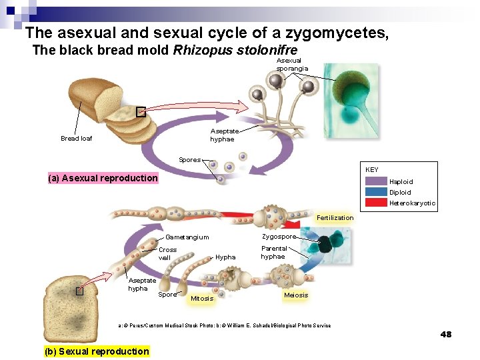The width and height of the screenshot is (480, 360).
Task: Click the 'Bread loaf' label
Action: coord(76,139)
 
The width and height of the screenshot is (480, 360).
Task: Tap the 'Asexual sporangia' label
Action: coord(289,65)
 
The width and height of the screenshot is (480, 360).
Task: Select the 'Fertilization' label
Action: coord(335,218)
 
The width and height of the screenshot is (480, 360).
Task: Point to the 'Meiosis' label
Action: coord(296,295)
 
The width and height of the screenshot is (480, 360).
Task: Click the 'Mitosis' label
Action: coord(202,298)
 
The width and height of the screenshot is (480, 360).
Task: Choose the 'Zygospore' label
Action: coord(279,237)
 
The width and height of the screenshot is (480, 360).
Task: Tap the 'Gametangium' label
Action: coord(187,237)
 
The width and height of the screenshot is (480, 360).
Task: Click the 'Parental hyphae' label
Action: coord(273,253)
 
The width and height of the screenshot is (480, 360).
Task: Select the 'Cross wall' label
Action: coord(168,254)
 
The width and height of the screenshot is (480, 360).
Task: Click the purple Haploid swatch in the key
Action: coord(376,181)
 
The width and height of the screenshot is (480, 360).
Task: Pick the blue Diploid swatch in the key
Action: coord(376,192)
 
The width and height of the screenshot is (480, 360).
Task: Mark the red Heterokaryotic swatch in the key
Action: coord(376,203)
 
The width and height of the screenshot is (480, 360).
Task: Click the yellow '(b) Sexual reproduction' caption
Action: coord(97,351)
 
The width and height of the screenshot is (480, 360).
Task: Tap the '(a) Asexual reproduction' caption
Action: coord(103,178)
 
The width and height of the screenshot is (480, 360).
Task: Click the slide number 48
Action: coord(446,334)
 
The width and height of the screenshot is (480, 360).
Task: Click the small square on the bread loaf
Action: coord(141,112)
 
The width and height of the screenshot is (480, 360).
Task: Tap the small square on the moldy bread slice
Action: coord(79,291)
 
